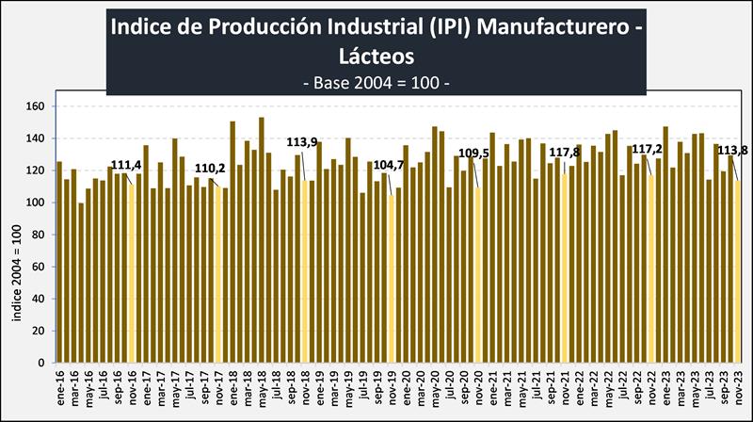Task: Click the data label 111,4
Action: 126,166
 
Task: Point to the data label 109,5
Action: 476,153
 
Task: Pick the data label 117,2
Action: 648,150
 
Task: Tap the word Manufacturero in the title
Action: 567,25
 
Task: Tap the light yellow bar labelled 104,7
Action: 392,279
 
